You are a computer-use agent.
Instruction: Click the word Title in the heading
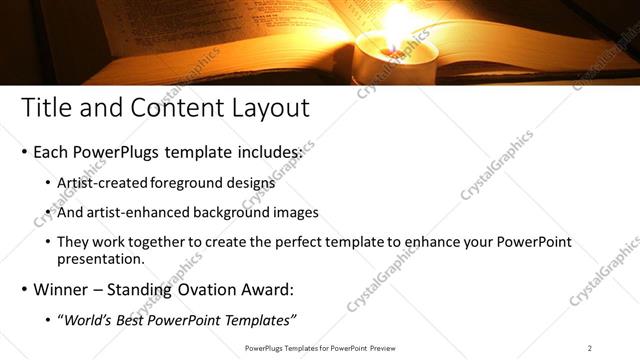click(x=46, y=107)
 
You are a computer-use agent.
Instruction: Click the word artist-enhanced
click(x=140, y=213)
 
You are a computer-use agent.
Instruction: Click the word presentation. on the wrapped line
click(x=103, y=258)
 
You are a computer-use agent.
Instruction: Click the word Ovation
click(x=221, y=289)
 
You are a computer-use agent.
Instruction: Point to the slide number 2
click(x=589, y=347)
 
